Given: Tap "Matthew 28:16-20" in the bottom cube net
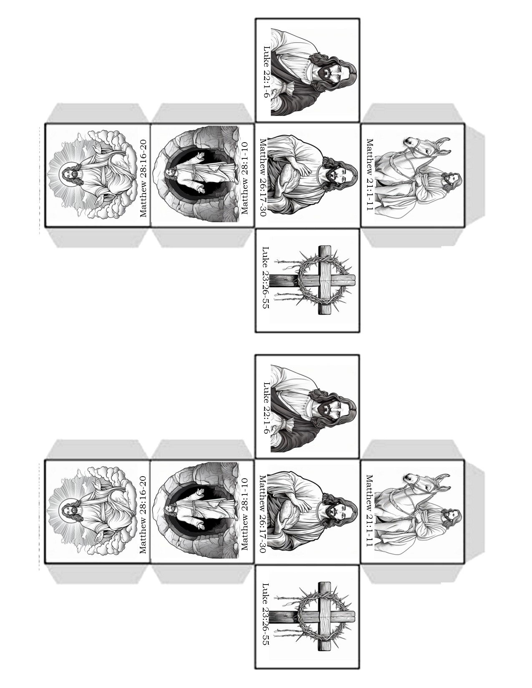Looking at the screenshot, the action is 143,515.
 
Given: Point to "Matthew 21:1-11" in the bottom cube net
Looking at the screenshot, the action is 370,510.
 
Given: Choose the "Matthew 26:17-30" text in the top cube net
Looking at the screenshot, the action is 263,177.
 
